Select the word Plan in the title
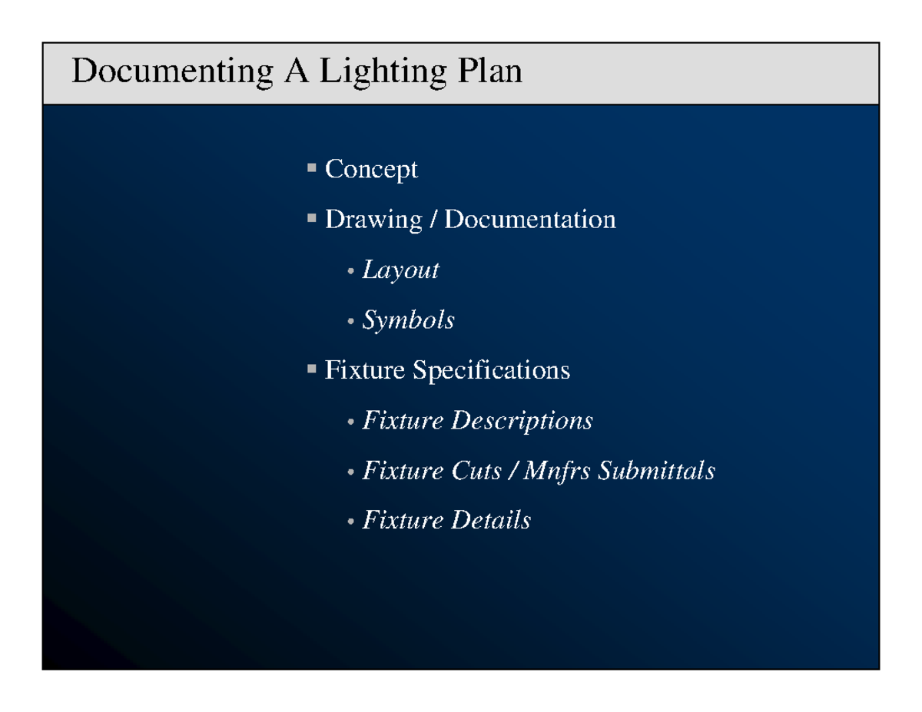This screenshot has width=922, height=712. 489,72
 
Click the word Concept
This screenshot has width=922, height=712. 371,170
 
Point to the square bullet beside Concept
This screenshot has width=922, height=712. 311,167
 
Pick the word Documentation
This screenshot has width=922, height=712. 530,220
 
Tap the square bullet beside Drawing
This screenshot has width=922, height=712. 311,217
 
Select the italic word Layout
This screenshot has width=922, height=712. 400,270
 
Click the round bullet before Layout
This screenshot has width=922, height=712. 350,272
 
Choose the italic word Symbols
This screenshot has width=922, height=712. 408,321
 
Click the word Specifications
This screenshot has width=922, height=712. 491,371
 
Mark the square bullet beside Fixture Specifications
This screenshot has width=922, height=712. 311,369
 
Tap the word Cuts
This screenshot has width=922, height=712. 476,471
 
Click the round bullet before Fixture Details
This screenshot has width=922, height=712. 350,522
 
